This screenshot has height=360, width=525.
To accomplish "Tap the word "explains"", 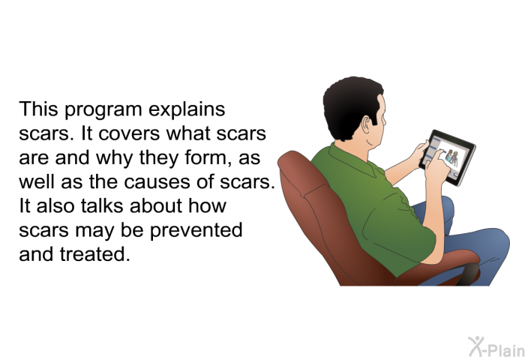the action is point(187,109).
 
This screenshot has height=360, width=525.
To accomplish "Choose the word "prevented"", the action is point(196,229).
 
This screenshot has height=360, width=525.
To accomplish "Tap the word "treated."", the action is point(95,253).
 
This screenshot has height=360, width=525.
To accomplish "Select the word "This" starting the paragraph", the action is point(38,109).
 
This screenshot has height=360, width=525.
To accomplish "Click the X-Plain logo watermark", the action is point(496,347).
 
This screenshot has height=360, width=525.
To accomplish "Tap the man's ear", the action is point(367,125).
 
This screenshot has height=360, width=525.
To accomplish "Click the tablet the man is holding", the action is point(448,157).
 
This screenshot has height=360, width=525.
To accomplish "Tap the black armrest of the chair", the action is point(469,274).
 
